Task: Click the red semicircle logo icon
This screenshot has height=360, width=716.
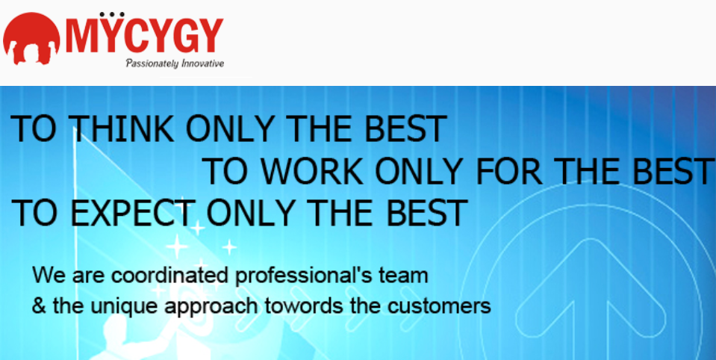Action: [x=31, y=38]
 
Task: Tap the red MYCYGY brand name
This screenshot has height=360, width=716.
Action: [x=144, y=34]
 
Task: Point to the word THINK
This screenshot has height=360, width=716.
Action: [x=122, y=129]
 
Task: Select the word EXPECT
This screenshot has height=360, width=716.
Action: [x=132, y=213]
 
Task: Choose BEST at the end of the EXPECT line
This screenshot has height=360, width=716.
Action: [x=426, y=213]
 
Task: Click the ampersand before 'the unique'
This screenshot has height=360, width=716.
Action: [x=40, y=305]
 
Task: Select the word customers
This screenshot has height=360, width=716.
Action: [x=439, y=306]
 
